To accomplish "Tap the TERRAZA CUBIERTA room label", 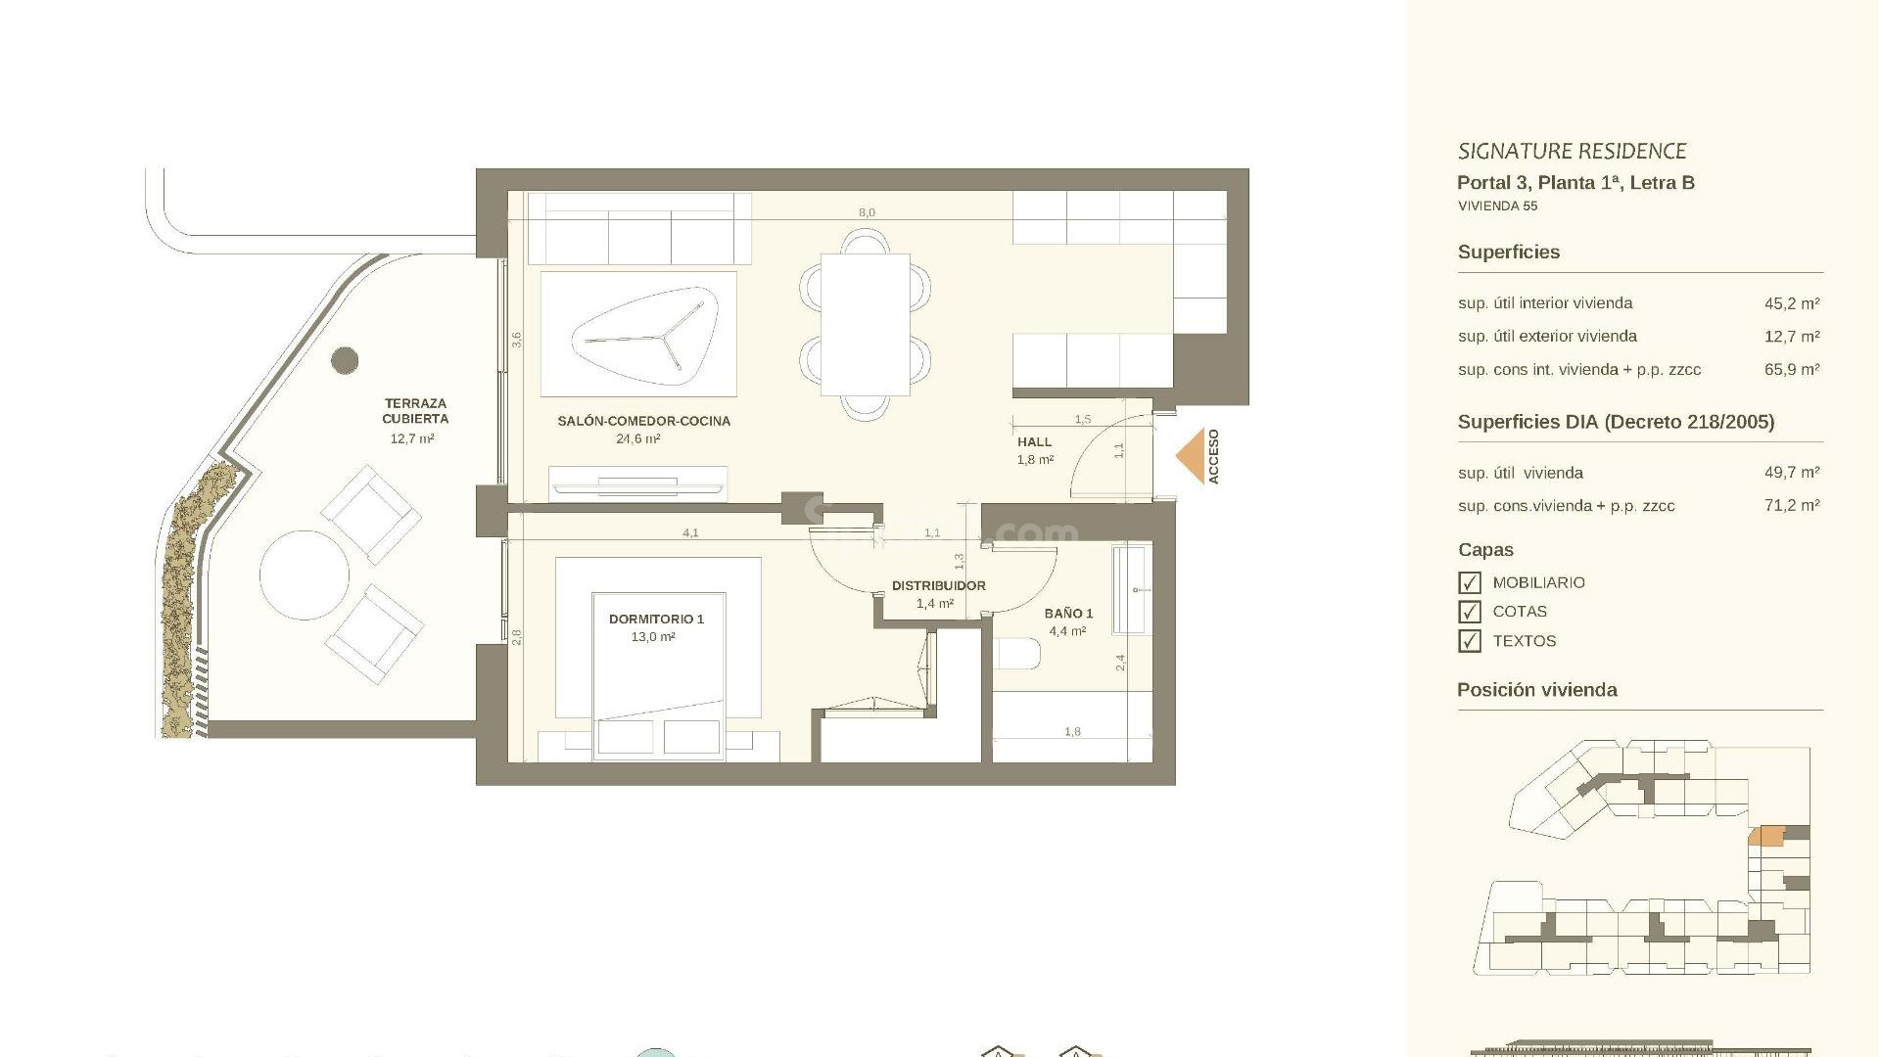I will click(415, 411).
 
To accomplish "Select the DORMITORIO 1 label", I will click(656, 619).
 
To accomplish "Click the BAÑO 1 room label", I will click(1068, 614).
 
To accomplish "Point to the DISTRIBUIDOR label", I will click(938, 585).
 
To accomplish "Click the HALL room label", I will click(1034, 442).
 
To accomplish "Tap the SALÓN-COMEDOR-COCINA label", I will click(643, 421).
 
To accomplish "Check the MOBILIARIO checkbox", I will click(1469, 583).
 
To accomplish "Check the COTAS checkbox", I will click(1469, 612).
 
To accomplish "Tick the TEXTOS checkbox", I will click(1469, 641).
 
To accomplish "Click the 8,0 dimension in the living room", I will click(867, 212).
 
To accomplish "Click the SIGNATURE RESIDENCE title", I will click(1572, 152).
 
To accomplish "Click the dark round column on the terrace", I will click(345, 360).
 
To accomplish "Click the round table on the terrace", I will click(305, 574).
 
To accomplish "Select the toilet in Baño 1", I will click(1016, 654).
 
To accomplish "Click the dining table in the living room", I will click(865, 324).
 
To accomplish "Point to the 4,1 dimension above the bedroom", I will click(690, 533).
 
